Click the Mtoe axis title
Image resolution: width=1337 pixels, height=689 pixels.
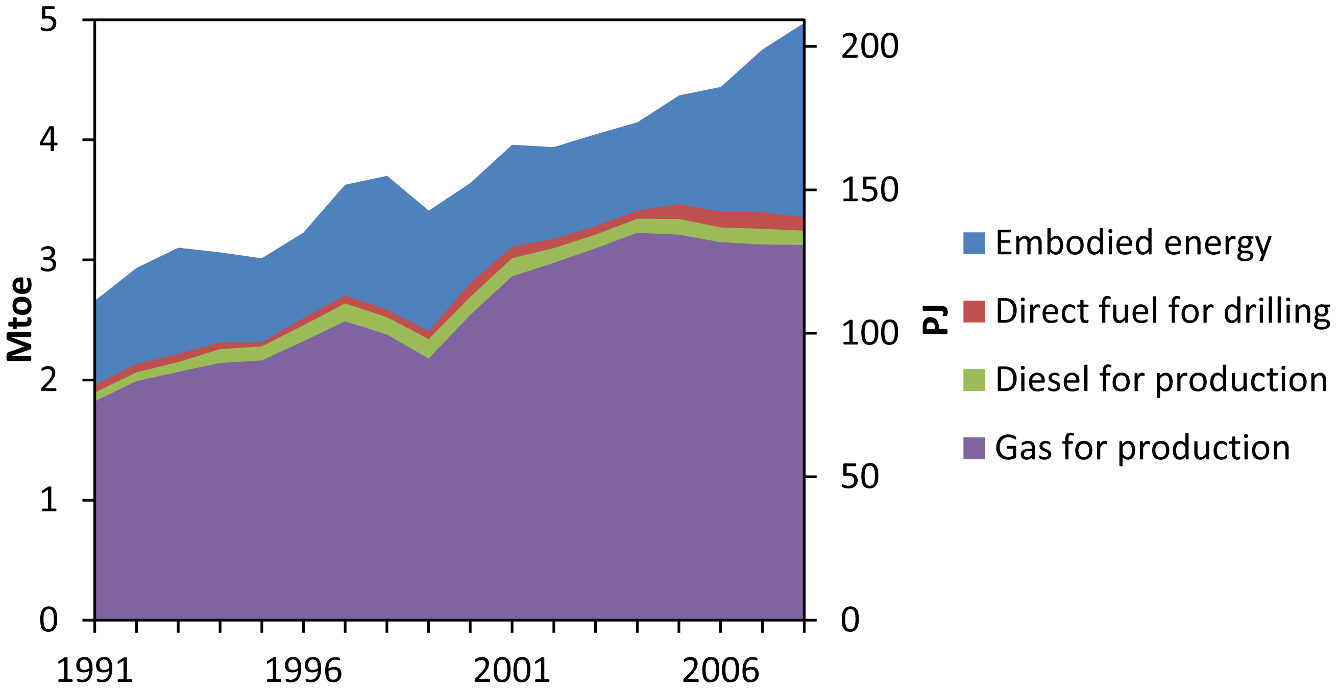20,319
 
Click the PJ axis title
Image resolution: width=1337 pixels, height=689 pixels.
935,319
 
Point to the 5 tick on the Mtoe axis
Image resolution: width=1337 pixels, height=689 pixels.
48,21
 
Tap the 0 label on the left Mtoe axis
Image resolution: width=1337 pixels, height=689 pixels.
48,620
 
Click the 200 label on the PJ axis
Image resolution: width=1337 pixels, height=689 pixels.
869,46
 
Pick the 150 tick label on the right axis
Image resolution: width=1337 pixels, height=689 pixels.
869,190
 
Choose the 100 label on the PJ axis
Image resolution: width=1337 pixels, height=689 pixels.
869,333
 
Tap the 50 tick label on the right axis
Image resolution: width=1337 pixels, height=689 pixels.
860,476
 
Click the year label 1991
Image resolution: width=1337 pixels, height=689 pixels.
94,671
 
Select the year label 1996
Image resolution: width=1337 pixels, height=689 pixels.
303,671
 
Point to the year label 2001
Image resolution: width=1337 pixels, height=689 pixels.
512,671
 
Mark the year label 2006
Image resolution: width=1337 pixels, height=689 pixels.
720,671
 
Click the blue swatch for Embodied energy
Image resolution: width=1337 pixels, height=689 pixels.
974,243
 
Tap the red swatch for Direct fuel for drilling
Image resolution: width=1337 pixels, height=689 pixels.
974,311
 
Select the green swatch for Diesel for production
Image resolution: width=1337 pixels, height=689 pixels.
974,380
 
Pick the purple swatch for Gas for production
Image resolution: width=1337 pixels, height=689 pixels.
974,448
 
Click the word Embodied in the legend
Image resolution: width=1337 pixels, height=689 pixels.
1075,243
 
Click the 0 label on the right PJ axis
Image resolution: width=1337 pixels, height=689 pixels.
850,620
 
